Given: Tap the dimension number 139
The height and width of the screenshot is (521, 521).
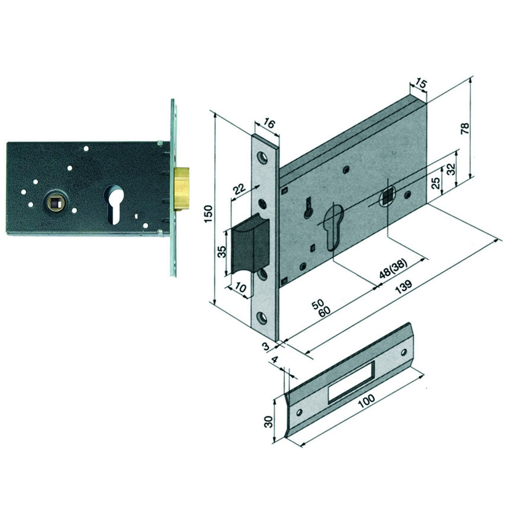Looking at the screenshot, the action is point(404,287).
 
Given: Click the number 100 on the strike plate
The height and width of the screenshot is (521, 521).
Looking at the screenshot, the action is point(366,405).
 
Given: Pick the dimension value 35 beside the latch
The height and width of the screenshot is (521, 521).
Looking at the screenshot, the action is point(222,252).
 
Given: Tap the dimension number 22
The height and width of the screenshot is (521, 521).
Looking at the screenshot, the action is point(240,189).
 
